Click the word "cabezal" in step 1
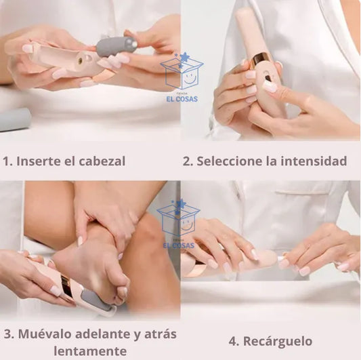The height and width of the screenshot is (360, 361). [102, 161]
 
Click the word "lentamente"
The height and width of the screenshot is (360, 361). [90, 351]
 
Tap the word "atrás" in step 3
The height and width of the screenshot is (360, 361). [161, 334]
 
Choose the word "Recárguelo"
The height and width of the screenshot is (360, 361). [278, 341]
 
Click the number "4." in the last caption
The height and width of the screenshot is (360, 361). [234, 341]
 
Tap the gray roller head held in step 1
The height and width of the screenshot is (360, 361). [116, 45]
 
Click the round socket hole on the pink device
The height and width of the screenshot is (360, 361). [81, 60]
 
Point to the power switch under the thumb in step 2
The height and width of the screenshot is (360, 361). [267, 79]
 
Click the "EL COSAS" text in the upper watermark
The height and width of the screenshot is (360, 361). [182, 99]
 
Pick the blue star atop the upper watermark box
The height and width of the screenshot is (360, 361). [184, 57]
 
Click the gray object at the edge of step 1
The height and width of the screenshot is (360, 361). [15, 119]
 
